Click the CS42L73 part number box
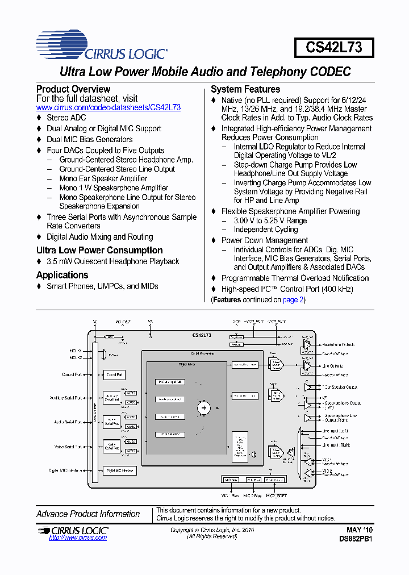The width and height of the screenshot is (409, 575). (x=333, y=47)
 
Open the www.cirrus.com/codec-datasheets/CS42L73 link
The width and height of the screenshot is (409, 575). (x=108, y=107)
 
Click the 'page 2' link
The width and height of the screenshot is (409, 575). (x=293, y=299)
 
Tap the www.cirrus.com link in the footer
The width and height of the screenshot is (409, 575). (x=78, y=537)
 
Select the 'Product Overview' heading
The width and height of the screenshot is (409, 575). (x=73, y=89)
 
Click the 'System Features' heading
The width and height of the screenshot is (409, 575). (x=245, y=89)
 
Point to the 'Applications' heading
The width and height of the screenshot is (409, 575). (x=62, y=275)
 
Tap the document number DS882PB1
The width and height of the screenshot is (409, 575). (x=356, y=538)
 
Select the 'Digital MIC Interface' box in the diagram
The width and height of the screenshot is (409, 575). (x=119, y=470)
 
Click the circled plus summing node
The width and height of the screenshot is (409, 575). (x=203, y=407)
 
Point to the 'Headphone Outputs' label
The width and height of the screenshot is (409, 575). (x=339, y=345)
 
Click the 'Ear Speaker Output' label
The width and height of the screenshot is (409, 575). (x=340, y=387)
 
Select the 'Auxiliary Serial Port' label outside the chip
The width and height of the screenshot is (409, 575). (x=66, y=398)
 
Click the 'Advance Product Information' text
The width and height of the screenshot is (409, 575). (x=88, y=514)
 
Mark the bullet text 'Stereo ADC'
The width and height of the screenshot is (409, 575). (x=66, y=118)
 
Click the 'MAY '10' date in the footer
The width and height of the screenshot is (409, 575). (x=360, y=530)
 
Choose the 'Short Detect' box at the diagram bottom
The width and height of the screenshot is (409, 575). (x=274, y=480)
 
